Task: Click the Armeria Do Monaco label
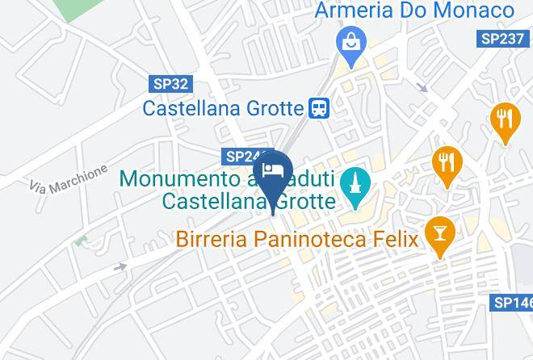(414, 10)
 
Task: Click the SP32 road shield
(170, 82)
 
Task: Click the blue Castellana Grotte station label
(224, 107)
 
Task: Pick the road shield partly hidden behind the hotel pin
(243, 157)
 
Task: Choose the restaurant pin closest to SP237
(505, 121)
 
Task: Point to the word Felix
(391, 239)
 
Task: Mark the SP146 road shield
(513, 303)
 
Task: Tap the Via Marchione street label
(69, 180)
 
